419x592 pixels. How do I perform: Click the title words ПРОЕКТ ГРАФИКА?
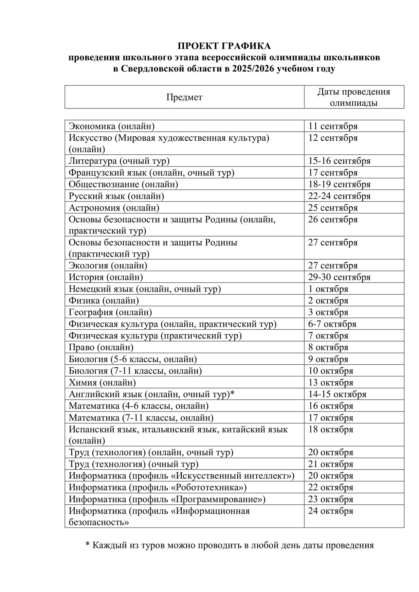[x=224, y=46]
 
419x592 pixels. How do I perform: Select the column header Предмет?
[x=184, y=97]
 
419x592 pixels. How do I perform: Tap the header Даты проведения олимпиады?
[x=354, y=97]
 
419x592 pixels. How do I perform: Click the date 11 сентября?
[x=333, y=126]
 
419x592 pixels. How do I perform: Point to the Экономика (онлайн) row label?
[x=111, y=126]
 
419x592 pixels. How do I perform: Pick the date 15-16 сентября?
[x=339, y=161]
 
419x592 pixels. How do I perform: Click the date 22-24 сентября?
[x=339, y=196]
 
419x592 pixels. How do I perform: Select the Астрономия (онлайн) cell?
[x=114, y=208]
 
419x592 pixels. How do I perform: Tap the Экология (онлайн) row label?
[x=108, y=266]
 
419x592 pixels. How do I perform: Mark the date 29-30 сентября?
[x=339, y=277]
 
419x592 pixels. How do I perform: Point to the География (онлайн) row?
[x=110, y=312]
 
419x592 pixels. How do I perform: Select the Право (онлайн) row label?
[x=101, y=347]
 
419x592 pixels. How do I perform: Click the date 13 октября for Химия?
[x=331, y=382]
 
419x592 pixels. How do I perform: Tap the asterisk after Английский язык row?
[x=233, y=393]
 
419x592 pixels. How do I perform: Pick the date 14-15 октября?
[x=337, y=394]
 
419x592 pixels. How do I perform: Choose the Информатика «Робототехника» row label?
[x=157, y=487]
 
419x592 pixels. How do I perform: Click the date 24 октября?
[x=331, y=511]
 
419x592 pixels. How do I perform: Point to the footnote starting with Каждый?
[x=229, y=545]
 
